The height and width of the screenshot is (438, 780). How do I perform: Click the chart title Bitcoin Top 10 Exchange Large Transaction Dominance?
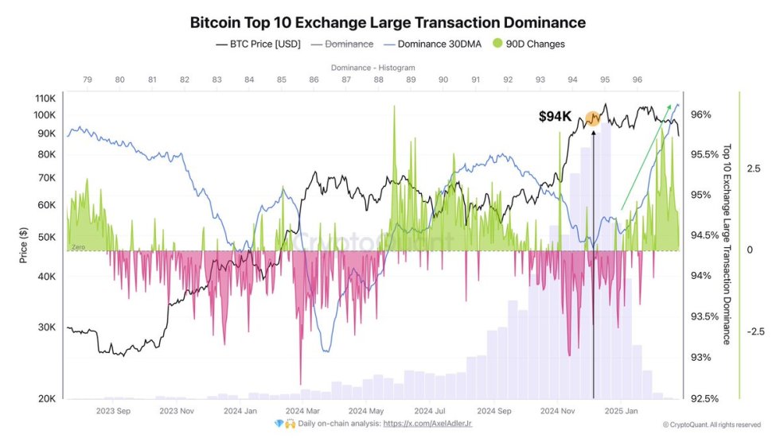click(388, 22)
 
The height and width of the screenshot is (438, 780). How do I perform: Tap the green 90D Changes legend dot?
click(498, 45)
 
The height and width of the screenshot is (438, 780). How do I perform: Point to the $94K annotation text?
click(555, 117)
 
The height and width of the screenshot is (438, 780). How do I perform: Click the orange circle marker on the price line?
click(593, 118)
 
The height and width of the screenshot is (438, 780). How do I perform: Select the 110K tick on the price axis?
click(45, 99)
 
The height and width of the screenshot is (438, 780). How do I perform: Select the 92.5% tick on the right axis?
click(704, 399)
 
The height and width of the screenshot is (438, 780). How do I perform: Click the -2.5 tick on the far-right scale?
click(756, 331)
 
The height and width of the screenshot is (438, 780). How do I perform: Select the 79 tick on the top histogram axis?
click(87, 80)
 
